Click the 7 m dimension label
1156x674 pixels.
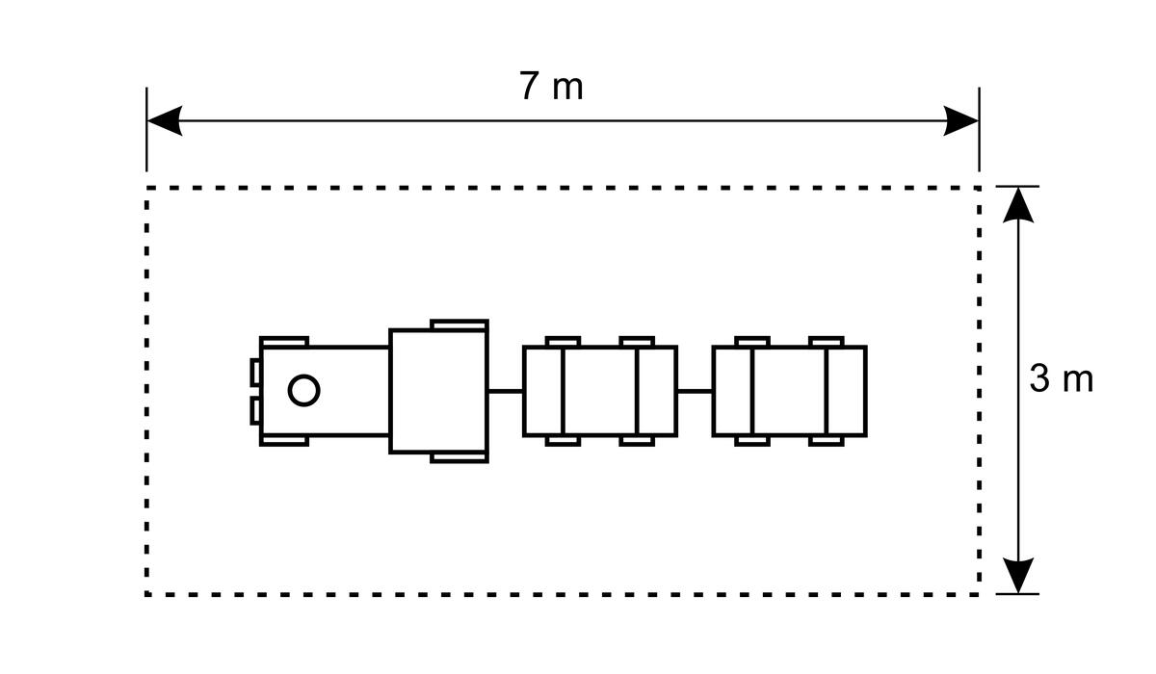(551, 86)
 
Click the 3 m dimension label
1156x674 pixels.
(1061, 379)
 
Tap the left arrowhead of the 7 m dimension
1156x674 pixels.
(164, 120)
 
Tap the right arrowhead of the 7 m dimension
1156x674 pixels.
(961, 120)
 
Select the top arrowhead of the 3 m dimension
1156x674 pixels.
(1018, 204)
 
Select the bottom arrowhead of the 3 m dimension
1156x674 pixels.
(1018, 576)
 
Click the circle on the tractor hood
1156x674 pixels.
(304, 390)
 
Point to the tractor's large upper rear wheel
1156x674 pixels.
(460, 324)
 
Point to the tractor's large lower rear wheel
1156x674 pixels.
(460, 457)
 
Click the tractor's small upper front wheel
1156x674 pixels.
(284, 342)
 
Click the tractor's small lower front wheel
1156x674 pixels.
(284, 440)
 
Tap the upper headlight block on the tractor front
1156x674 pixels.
(255, 372)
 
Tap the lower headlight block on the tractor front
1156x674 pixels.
(255, 411)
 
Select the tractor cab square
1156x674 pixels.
(438, 391)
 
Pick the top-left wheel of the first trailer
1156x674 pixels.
(563, 342)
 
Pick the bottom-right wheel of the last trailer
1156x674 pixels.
(827, 441)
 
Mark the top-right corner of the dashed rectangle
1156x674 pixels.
(979, 188)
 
